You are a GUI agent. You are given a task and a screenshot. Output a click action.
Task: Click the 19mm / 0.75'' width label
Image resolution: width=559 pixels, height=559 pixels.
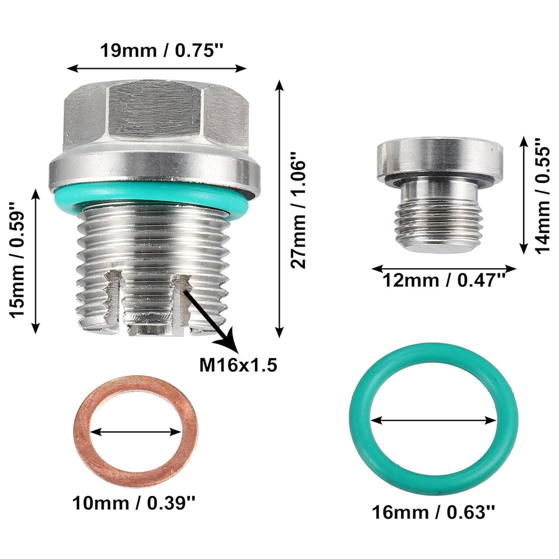[162, 50]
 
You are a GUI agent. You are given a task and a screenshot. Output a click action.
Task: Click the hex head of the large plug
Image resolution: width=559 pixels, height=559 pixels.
[157, 117]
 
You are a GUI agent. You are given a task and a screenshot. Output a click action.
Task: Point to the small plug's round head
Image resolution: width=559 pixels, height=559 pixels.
[439, 159]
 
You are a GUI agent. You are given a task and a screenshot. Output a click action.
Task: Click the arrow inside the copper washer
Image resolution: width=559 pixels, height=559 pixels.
[136, 432]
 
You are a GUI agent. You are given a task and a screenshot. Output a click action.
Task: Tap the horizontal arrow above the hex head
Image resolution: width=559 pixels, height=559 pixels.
[157, 68]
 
